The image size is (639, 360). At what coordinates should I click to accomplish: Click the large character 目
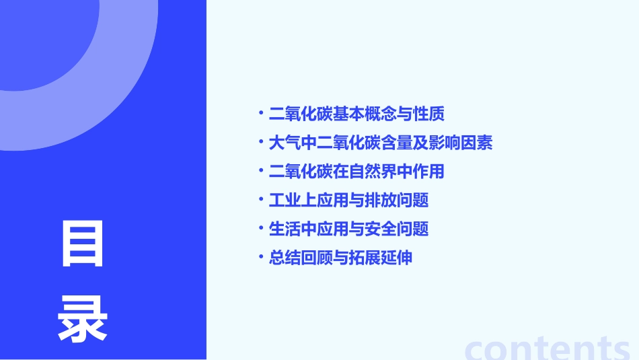click(x=83, y=244)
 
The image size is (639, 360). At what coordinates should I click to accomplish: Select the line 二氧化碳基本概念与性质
click(x=356, y=114)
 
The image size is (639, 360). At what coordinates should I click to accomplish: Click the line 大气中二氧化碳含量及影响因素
click(x=380, y=143)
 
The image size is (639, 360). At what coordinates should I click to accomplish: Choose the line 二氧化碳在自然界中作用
click(x=356, y=172)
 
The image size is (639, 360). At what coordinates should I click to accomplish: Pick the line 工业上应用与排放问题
click(x=348, y=201)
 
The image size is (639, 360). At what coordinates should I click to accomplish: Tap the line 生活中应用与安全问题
click(x=348, y=229)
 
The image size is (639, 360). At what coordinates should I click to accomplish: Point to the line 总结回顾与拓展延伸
click(x=340, y=258)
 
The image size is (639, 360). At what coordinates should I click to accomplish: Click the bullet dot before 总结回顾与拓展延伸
click(x=261, y=256)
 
